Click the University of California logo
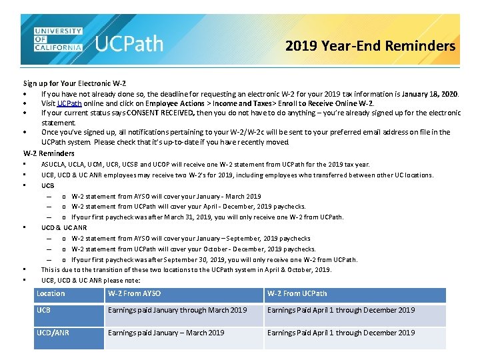coord(58,40)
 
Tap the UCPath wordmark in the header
coord(129,44)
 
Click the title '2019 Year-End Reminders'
coord(370,46)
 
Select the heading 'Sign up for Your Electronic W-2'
coord(75,83)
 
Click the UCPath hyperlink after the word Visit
coord(69,103)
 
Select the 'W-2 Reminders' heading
coord(49,153)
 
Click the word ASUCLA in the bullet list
coord(53,165)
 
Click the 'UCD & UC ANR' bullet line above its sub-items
coord(64,228)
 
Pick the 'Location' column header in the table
coord(51,293)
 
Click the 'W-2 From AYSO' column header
coord(134,293)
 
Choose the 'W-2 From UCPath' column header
coord(297,293)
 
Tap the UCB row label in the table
coord(43,310)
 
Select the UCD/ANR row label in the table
coord(53,333)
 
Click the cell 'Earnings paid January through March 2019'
coord(177,310)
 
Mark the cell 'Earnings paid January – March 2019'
coord(166,333)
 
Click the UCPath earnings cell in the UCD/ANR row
coord(341,333)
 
